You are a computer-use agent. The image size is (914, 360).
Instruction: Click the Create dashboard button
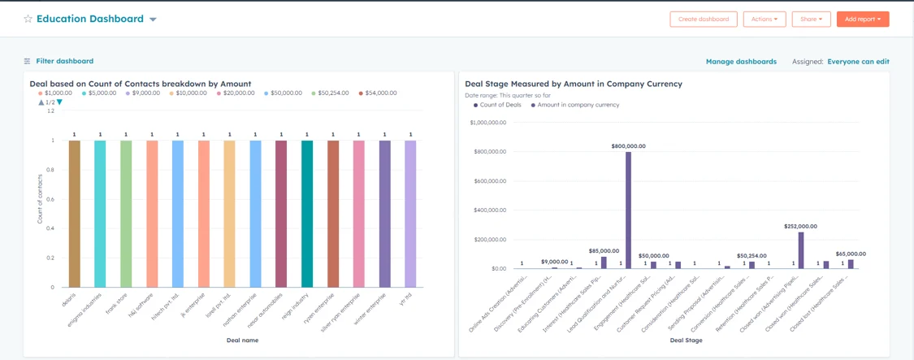point(703,19)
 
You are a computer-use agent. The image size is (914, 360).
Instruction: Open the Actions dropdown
point(764,19)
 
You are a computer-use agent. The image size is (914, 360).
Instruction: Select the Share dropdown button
point(810,19)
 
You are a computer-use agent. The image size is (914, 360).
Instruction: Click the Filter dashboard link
point(64,61)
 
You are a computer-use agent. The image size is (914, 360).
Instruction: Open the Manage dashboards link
point(740,62)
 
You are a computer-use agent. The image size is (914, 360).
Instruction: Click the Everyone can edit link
point(858,62)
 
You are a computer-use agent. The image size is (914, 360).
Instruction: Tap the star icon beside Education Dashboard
point(28,19)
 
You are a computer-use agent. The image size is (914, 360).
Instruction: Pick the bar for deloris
point(75,214)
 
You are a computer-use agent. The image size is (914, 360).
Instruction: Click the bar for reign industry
point(307,214)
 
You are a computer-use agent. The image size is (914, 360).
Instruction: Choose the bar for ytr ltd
point(410,214)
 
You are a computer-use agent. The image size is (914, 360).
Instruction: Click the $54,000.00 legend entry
point(379,93)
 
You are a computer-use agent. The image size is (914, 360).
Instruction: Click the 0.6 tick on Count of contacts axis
point(50,199)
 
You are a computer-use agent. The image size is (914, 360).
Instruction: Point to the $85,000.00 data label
point(604,251)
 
